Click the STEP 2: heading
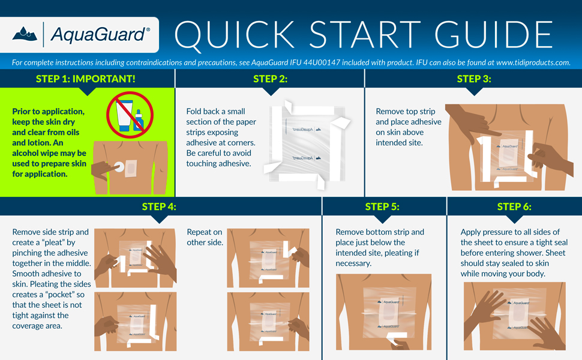point(270,79)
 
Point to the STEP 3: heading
point(474,79)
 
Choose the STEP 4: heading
point(159,207)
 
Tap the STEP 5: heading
point(382,207)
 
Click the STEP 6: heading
point(514,207)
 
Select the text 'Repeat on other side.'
point(205,237)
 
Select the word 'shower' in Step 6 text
point(540,253)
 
